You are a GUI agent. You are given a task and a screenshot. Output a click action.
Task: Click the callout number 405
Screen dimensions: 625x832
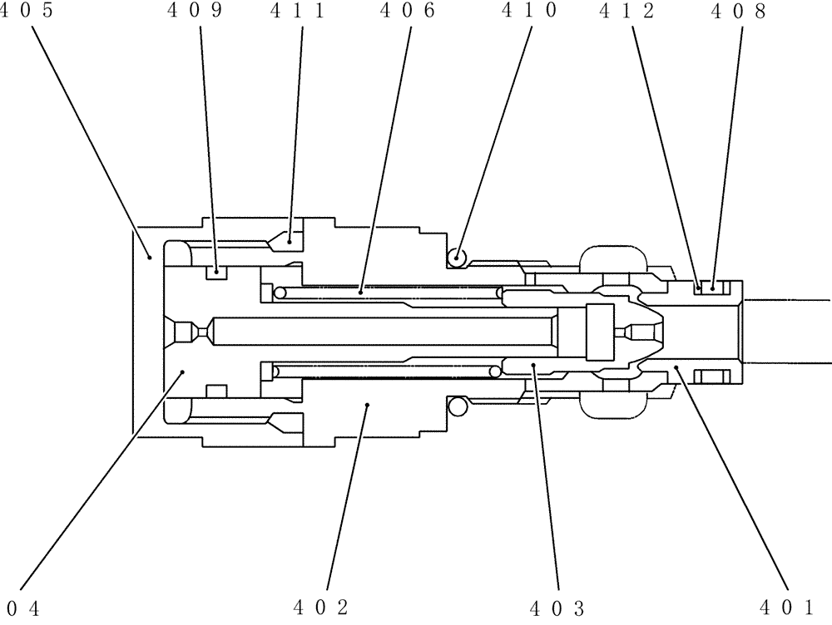(22, 11)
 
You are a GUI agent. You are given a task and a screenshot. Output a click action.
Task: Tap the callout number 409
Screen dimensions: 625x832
(202, 11)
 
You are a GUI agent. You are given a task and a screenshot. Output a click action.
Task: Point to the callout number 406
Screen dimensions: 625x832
(407, 11)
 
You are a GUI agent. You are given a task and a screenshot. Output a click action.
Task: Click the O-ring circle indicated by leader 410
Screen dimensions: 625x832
(457, 258)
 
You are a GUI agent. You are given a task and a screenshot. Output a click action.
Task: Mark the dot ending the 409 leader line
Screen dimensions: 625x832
(216, 269)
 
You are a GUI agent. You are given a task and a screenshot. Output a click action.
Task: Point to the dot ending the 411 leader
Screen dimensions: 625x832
(290, 239)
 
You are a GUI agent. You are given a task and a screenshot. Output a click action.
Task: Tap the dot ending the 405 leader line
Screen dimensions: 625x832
(151, 257)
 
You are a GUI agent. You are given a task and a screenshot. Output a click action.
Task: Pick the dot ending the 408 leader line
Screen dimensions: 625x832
(713, 288)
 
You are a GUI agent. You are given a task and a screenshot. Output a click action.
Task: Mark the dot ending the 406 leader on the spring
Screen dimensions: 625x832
(359, 291)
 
